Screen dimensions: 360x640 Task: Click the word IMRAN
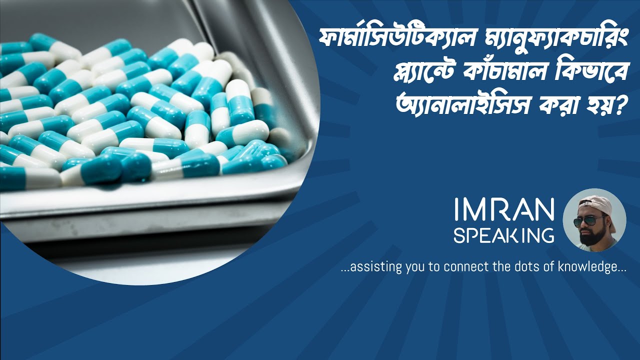(x=504, y=210)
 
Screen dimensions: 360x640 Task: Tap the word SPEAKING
(x=504, y=235)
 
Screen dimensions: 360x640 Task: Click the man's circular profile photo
(x=594, y=220)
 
